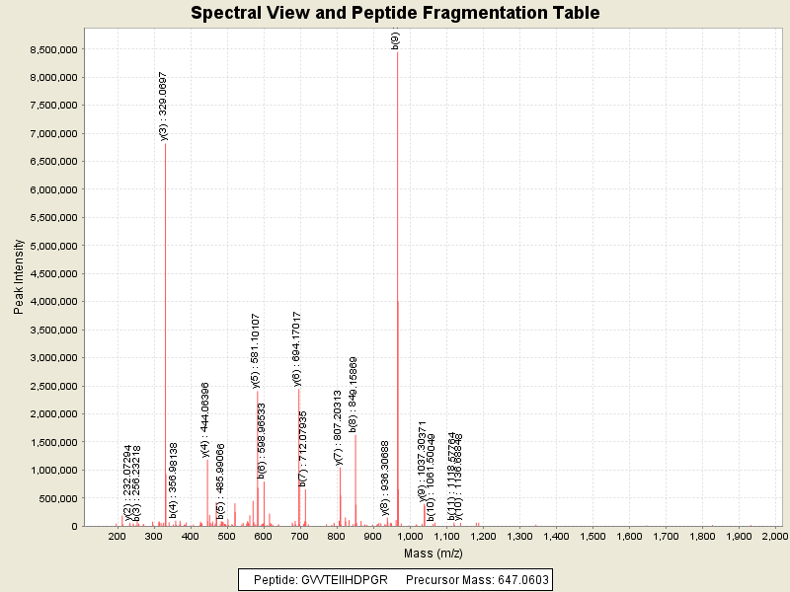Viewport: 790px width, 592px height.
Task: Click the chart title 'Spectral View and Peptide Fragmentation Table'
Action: click(x=395, y=13)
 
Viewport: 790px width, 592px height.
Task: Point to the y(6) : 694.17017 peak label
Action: click(x=297, y=347)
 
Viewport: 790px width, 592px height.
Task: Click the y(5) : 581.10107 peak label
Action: click(x=256, y=350)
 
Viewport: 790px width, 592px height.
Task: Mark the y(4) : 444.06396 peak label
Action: click(x=205, y=419)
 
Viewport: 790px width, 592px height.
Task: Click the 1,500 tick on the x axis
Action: click(x=592, y=536)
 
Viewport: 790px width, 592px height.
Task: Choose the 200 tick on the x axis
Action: click(x=118, y=536)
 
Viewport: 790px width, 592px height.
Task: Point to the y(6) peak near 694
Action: click(x=298, y=454)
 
